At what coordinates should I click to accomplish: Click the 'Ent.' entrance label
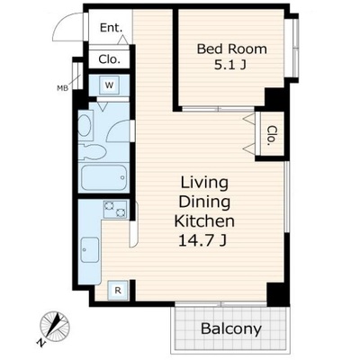pyautogui.click(x=111, y=28)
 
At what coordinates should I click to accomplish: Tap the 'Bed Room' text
pyautogui.click(x=231, y=49)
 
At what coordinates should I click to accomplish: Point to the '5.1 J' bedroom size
pyautogui.click(x=229, y=65)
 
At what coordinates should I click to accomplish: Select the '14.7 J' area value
pyautogui.click(x=202, y=240)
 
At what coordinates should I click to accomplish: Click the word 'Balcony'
pyautogui.click(x=231, y=328)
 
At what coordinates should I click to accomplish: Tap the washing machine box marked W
pyautogui.click(x=110, y=85)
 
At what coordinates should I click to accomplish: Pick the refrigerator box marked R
pyautogui.click(x=118, y=290)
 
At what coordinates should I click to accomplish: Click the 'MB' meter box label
pyautogui.click(x=62, y=88)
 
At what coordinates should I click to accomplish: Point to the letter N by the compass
pyautogui.click(x=40, y=343)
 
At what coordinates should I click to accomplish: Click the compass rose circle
pyautogui.click(x=55, y=326)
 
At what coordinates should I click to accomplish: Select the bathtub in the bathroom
pyautogui.click(x=103, y=177)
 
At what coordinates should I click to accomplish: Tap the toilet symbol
pyautogui.click(x=93, y=151)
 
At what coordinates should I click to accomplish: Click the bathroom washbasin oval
pyautogui.click(x=85, y=125)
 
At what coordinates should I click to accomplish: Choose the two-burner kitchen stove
pyautogui.click(x=115, y=209)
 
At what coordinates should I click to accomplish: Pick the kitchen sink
pyautogui.click(x=90, y=250)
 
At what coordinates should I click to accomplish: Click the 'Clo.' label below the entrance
pyautogui.click(x=110, y=59)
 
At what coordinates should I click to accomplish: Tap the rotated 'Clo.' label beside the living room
pyautogui.click(x=272, y=136)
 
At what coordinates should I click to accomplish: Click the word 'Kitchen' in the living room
pyautogui.click(x=204, y=221)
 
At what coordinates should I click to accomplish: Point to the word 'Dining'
pyautogui.click(x=204, y=202)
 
